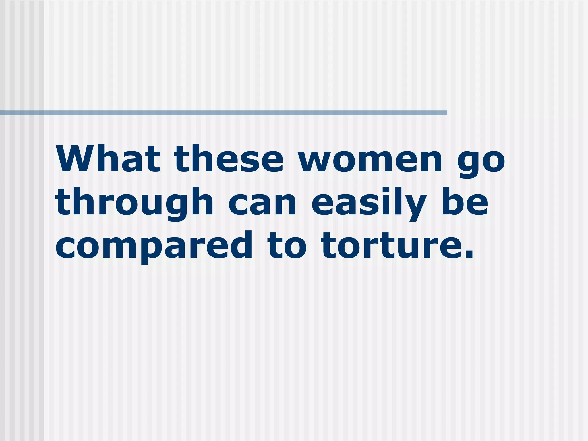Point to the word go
pos(481,161)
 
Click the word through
pos(135,202)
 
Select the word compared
pos(154,246)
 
